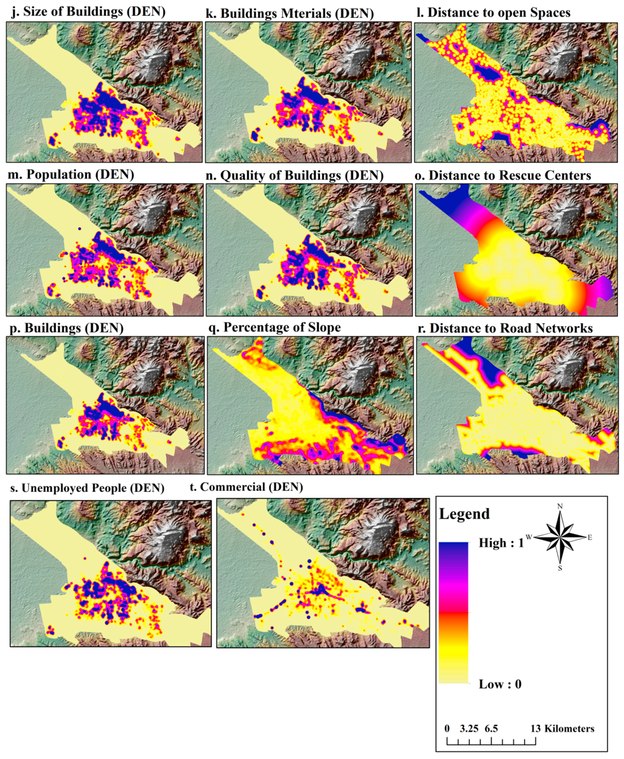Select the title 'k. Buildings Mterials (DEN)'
click(290, 13)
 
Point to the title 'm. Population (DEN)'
click(70, 174)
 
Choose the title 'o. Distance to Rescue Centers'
click(503, 175)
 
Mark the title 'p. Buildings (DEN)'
click(66, 328)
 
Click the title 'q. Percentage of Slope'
click(275, 327)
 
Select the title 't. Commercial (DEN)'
click(246, 487)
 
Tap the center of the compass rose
click(560, 537)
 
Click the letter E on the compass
click(590, 538)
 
